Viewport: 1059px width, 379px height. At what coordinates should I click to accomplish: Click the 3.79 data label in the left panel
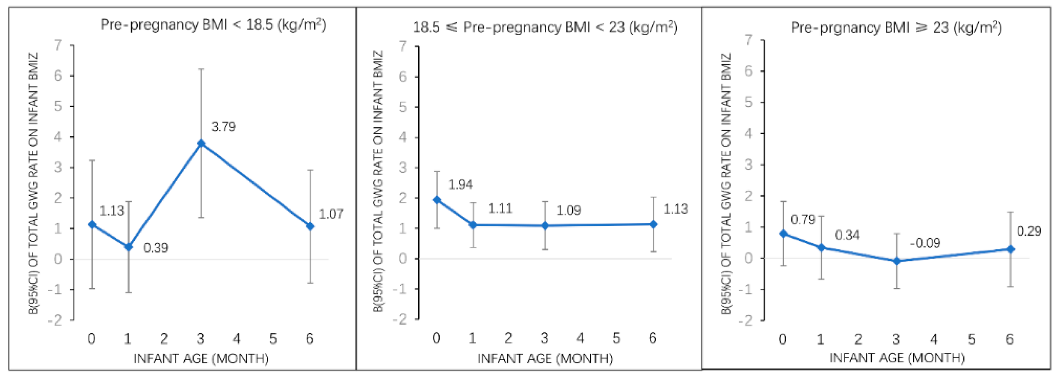223,127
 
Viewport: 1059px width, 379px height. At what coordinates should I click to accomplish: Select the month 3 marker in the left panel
201,143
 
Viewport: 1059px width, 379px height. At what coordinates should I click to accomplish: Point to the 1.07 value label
330,214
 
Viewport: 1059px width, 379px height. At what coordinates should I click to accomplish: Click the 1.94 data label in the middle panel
460,185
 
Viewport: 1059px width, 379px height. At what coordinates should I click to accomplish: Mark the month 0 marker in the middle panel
437,200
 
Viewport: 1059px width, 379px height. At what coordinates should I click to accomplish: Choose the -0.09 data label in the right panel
925,243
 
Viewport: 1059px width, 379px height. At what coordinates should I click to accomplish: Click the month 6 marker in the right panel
1010,249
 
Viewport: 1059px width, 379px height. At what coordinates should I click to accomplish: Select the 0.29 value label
1028,231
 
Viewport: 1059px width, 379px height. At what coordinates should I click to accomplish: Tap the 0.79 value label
802,220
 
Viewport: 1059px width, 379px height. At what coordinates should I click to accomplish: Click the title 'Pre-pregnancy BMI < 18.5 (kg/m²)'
213,25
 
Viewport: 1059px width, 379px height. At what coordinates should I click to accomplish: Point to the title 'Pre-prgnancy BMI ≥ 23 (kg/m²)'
896,28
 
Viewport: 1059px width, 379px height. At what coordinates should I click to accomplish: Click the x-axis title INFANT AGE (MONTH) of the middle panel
545,359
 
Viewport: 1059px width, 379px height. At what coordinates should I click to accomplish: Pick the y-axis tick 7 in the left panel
58,45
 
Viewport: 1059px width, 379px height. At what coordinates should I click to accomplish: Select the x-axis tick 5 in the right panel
972,339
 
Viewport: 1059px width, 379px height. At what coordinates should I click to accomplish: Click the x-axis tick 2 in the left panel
164,339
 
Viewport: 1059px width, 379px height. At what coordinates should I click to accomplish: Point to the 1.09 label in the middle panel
568,211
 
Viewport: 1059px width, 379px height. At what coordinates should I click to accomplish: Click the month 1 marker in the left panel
128,247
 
